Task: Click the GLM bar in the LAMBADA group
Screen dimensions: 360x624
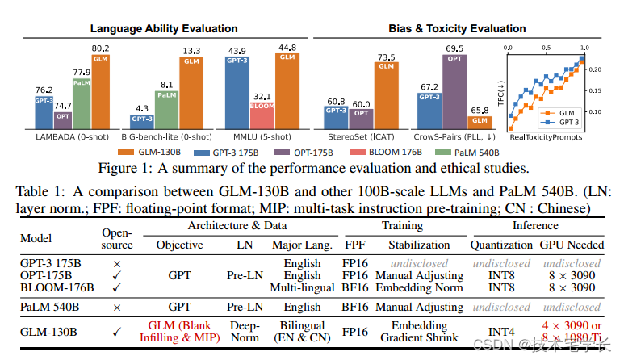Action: coord(101,92)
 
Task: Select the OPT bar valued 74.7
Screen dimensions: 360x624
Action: coord(62,120)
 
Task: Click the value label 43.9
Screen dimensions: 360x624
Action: coord(237,52)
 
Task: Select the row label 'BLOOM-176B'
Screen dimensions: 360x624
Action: coord(58,288)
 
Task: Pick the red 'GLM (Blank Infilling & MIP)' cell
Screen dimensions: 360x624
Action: coord(178,330)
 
